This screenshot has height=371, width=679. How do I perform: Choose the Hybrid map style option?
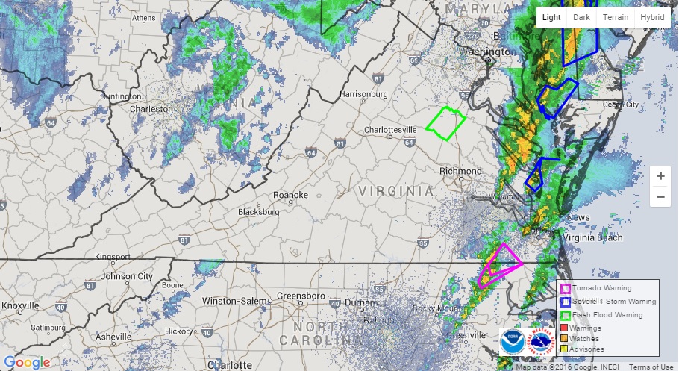(x=651, y=18)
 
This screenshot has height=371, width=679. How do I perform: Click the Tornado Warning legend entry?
(x=601, y=288)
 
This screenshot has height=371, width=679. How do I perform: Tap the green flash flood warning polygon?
(x=446, y=124)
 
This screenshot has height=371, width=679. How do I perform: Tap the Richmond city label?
(x=460, y=171)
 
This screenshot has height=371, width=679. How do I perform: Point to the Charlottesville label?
(x=389, y=130)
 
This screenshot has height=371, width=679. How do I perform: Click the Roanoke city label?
(x=290, y=195)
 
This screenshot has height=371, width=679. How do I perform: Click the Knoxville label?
(x=21, y=306)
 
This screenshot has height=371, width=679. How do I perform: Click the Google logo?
(x=27, y=362)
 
